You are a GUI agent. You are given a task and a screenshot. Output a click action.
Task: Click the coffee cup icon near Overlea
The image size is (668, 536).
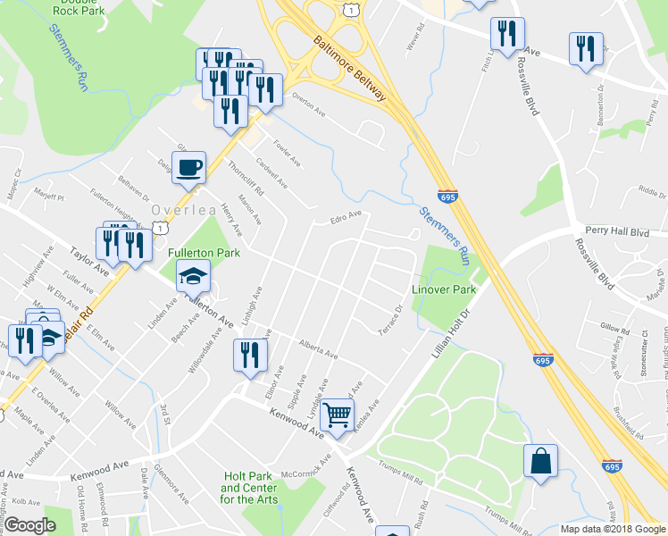(x=188, y=167)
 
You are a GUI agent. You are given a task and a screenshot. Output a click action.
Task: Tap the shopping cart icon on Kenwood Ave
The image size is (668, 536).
(x=338, y=415)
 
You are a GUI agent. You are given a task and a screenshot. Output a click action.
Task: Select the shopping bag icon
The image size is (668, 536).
(x=540, y=461)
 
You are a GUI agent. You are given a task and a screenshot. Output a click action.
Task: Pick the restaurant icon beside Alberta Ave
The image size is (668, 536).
(x=249, y=355)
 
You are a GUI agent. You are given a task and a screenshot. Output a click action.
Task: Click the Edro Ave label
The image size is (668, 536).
(x=345, y=216)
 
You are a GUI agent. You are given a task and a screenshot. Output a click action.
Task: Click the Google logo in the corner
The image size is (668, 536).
(x=30, y=525)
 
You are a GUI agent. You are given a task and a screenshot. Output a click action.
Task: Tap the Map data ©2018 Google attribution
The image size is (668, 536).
(x=613, y=529)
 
